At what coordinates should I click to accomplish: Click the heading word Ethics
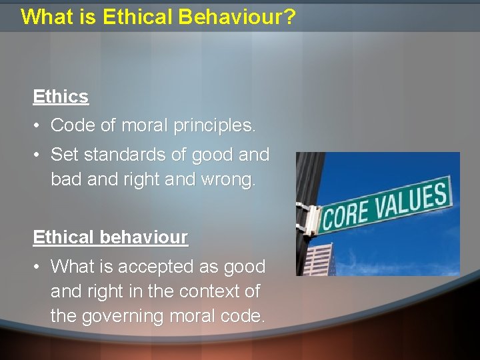61,97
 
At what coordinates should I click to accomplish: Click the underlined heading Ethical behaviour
110,237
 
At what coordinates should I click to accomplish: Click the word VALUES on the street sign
412,199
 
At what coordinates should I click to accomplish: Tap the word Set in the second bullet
63,155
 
